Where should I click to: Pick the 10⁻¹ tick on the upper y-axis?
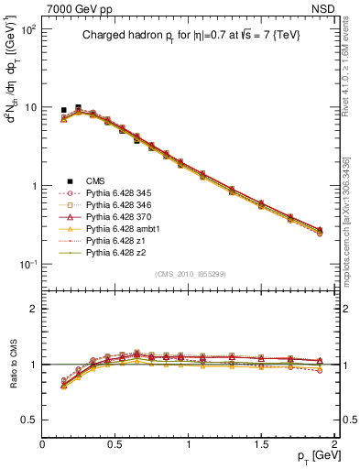point(27,264)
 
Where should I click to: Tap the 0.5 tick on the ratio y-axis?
point(29,420)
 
